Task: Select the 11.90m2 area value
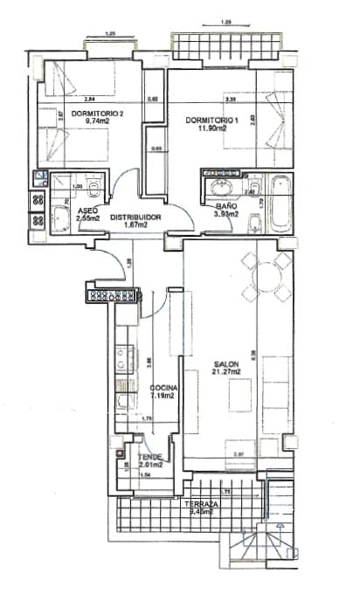coord(211,128)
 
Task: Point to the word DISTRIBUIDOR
coord(135,216)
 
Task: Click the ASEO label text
coord(87,211)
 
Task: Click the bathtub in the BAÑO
coord(281,204)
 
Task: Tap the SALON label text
coord(226,365)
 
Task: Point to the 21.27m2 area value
coord(226,374)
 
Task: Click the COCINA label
coord(163,388)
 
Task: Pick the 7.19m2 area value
coord(163,396)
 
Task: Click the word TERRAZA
coord(201,505)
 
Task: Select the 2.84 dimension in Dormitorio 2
coord(89,100)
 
